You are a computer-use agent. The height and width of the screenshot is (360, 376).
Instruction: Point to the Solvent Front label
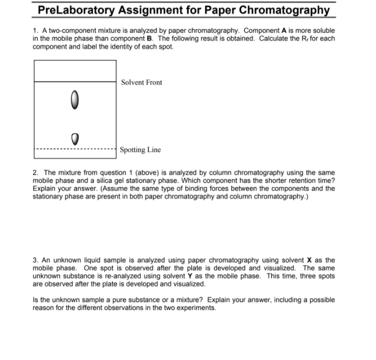click(141, 83)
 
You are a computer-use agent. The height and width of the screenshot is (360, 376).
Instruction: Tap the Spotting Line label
click(140, 150)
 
